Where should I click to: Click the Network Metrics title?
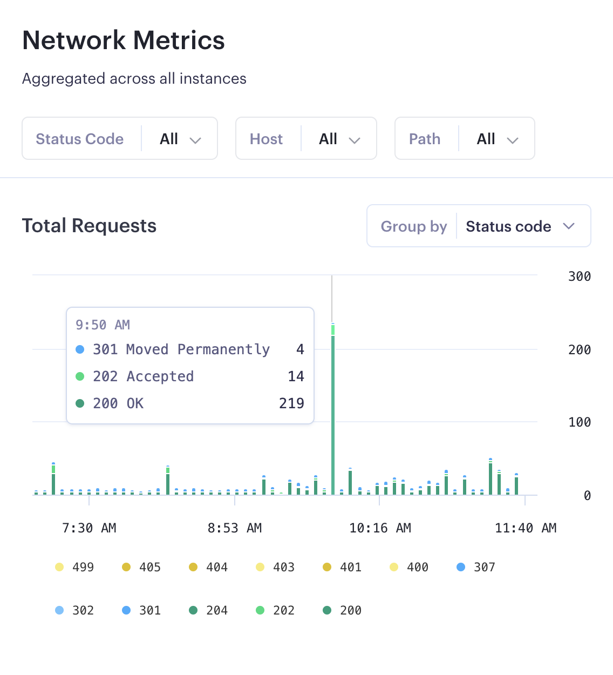click(124, 40)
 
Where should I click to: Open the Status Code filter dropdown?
click(120, 139)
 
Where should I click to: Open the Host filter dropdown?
click(306, 139)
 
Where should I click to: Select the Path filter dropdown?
click(465, 139)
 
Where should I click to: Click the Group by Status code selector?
click(479, 226)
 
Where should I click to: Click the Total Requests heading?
click(89, 226)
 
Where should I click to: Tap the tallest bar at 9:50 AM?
click(333, 410)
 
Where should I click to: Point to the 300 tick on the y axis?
click(579, 276)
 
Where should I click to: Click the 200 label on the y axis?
click(579, 350)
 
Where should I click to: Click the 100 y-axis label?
click(579, 422)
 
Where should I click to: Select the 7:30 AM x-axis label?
click(89, 528)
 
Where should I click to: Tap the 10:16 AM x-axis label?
click(380, 528)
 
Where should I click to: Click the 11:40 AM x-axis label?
click(525, 528)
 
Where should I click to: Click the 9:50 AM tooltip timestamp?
click(103, 325)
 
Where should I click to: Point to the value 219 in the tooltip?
click(291, 403)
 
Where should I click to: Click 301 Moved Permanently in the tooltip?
click(181, 349)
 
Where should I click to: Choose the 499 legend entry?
click(76, 567)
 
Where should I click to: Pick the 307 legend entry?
click(476, 567)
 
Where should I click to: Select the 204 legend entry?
click(209, 610)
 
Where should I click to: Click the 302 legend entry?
click(76, 610)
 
